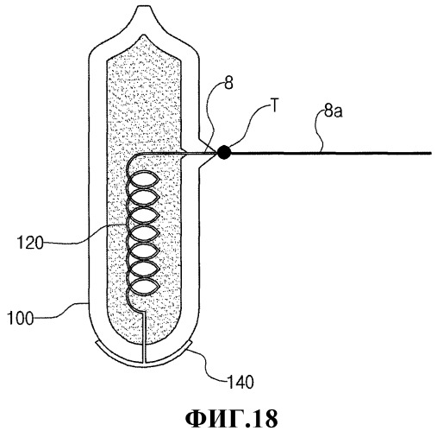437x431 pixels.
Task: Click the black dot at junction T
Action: [224, 153]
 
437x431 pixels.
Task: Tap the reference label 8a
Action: [334, 111]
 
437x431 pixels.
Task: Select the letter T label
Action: [275, 105]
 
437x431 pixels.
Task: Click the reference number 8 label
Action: [228, 85]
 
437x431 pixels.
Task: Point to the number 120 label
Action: [30, 243]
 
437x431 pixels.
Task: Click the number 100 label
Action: [20, 319]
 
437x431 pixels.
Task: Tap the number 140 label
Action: [240, 383]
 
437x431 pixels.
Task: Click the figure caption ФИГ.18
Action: [232, 418]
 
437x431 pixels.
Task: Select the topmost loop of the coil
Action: [144, 180]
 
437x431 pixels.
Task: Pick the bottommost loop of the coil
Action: [144, 287]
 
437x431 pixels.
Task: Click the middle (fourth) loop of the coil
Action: [144, 233]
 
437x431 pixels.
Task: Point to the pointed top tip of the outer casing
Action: [143, 6]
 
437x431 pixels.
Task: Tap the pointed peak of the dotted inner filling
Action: [143, 35]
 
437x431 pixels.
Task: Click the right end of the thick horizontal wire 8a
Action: [431, 153]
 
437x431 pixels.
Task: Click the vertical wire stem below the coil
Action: [144, 336]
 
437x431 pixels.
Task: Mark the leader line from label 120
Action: [84, 236]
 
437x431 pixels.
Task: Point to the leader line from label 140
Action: [208, 364]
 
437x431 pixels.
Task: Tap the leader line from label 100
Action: [61, 311]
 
